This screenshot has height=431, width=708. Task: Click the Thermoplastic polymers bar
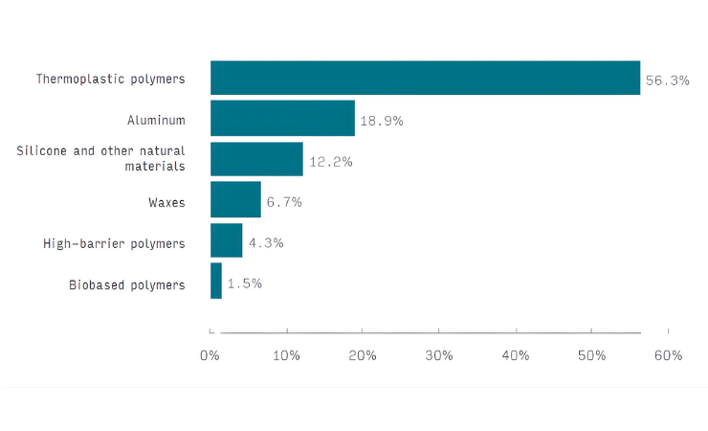(x=425, y=78)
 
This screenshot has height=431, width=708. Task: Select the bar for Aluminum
(x=282, y=118)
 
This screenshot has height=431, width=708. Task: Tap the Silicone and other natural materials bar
(x=256, y=159)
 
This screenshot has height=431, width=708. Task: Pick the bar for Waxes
(x=235, y=199)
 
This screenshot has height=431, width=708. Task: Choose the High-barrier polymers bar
(x=227, y=240)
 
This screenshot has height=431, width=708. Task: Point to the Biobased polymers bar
(x=216, y=281)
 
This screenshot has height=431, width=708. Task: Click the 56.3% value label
(x=667, y=80)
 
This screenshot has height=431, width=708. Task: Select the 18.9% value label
(x=382, y=122)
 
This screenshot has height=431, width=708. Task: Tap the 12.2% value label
(x=330, y=162)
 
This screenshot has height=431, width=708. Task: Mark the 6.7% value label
(x=284, y=202)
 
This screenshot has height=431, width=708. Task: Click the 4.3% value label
(x=265, y=243)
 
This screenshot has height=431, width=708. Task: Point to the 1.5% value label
(x=244, y=284)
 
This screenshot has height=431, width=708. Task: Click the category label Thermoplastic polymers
(x=110, y=79)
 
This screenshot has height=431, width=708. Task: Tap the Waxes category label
(x=166, y=201)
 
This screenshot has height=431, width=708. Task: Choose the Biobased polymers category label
(x=126, y=284)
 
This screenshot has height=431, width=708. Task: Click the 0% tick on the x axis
(x=210, y=356)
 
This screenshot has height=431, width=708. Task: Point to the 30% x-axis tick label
(x=439, y=356)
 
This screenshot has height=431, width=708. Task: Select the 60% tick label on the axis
(x=668, y=356)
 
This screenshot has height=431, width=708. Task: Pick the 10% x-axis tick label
(x=287, y=356)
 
